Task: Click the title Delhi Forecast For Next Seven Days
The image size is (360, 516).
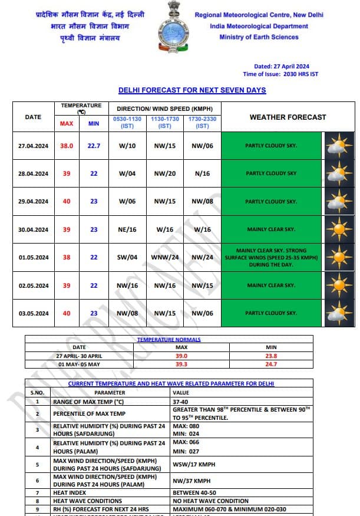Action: pos(192,90)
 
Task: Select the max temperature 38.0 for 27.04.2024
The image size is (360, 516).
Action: pos(67,146)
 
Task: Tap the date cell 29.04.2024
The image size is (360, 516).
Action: pos(33,202)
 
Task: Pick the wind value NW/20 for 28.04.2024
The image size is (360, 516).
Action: pos(165,173)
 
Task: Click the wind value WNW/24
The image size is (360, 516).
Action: pos(165,258)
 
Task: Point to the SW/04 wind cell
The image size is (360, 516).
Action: pos(128,258)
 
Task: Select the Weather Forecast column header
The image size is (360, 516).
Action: pos(288,117)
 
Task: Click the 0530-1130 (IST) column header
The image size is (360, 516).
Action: pos(128,122)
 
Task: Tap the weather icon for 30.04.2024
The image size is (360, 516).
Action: pos(339,229)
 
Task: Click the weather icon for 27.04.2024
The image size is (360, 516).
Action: pos(339,146)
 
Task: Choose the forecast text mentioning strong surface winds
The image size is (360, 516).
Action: pos(272,258)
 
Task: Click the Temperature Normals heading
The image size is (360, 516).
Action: pos(169,340)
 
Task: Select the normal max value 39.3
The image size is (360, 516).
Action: pos(181,364)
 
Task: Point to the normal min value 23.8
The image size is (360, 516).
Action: pos(272,356)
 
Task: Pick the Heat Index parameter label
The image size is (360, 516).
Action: pos(70,492)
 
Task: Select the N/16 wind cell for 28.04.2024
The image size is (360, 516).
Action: pos(202,173)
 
